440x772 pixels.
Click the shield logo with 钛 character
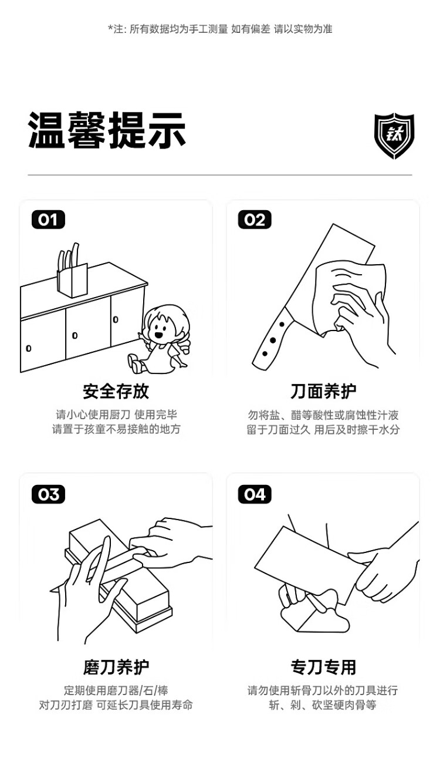pos(394,136)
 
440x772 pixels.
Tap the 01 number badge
pos(48,220)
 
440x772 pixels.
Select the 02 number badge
pos(255,220)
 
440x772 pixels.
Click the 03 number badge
pos(48,494)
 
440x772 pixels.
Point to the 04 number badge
pos(255,494)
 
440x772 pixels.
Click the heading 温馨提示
pos(107,130)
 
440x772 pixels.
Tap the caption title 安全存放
pos(116,391)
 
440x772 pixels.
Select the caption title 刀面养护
pos(323,391)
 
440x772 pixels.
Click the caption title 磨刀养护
pos(116,668)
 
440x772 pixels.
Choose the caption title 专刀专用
pos(323,668)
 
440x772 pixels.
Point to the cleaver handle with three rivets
pos(272,339)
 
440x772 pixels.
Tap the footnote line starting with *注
pos(221,29)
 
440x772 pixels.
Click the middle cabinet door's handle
pos(75,335)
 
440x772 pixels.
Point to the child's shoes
pos(136,363)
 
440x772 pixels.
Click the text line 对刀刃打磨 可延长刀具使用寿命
pos(116,705)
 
